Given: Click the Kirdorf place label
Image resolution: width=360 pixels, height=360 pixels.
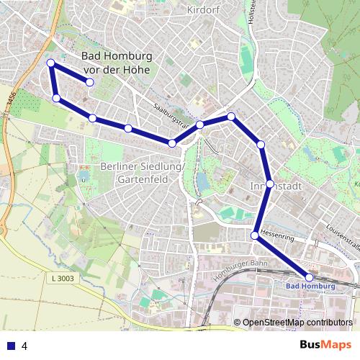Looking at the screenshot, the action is (x=202, y=10).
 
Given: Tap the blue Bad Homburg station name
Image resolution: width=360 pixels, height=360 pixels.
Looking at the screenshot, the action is (x=311, y=287).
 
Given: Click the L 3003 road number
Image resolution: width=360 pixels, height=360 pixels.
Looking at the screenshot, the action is (x=63, y=278).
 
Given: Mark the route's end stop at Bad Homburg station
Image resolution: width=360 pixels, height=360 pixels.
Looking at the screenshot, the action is (x=310, y=277).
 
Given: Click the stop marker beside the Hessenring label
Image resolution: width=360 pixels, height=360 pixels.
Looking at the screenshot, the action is (x=255, y=235).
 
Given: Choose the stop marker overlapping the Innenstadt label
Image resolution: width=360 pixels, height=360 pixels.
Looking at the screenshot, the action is (x=269, y=184).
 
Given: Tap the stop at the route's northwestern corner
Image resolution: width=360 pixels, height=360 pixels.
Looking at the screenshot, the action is (x=51, y=63).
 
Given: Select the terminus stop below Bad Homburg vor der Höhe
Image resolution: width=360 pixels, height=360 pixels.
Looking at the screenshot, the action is (x=90, y=83).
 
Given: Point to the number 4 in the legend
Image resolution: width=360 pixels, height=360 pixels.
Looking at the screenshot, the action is (x=25, y=346).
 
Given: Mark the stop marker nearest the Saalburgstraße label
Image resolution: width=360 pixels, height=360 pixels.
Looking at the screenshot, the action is (x=200, y=125).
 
